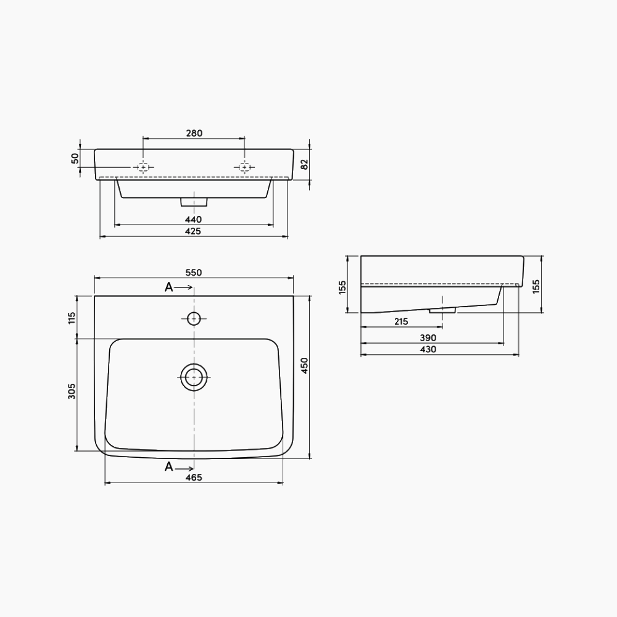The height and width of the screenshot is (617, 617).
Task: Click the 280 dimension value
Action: click(x=194, y=133)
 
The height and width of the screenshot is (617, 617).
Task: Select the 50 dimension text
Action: click(x=75, y=159)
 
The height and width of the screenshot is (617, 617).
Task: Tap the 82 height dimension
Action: click(x=304, y=164)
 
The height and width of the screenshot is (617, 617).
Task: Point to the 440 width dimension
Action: click(x=194, y=219)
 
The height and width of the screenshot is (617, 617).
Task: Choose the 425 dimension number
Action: click(x=194, y=231)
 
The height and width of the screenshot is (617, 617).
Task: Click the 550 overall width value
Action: click(x=194, y=272)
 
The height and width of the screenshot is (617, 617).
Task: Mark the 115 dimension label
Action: click(x=72, y=318)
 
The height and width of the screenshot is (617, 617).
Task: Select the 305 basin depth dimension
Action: click(x=72, y=391)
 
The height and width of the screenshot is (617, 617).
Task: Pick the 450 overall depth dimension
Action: click(x=304, y=365)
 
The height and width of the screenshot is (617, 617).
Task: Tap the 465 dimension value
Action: click(x=194, y=478)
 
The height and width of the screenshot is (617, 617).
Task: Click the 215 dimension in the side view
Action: click(x=400, y=321)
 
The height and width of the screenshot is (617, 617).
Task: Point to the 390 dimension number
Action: click(x=428, y=337)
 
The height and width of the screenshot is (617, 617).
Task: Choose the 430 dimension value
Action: click(x=428, y=349)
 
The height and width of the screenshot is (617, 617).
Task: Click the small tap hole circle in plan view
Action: click(x=194, y=318)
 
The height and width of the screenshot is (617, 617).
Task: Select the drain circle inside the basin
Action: click(x=194, y=377)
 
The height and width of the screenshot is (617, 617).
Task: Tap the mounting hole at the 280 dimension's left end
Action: click(x=143, y=167)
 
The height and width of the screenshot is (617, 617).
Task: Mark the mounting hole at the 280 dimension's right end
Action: click(x=244, y=167)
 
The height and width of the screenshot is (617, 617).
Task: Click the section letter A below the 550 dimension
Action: click(x=168, y=287)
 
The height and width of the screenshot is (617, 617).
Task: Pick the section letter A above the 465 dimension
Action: click(x=168, y=466)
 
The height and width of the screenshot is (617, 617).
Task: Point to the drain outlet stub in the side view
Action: click(x=442, y=309)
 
